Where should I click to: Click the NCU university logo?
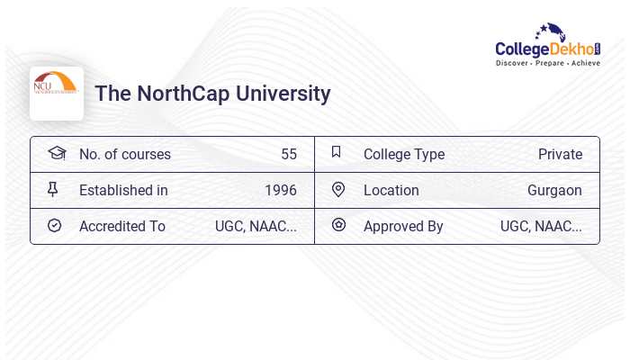[x=56, y=93]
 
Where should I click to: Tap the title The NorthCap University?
[x=212, y=94]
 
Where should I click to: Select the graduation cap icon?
[x=56, y=153]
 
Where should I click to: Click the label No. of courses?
[x=124, y=154]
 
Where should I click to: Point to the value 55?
[x=288, y=154]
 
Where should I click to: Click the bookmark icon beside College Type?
[x=336, y=152]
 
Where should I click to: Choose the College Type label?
[x=403, y=154]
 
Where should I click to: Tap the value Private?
[x=560, y=154]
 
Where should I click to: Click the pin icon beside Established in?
[x=53, y=189]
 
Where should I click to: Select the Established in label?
[x=123, y=190]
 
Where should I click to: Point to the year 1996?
[x=280, y=190]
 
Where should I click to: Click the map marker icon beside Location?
[x=337, y=189]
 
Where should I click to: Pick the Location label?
[x=391, y=190]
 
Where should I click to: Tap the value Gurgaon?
[x=554, y=190]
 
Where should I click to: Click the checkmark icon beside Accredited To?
[x=54, y=225]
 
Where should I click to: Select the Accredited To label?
[x=121, y=226]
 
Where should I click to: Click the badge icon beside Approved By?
[x=338, y=225]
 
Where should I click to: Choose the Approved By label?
[x=403, y=226]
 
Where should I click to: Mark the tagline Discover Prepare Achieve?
[x=547, y=63]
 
